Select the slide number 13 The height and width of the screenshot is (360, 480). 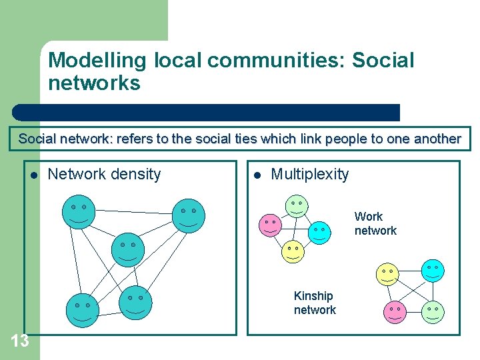(20, 341)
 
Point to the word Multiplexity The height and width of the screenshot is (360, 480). (309, 175)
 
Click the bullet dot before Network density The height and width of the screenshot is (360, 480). (32, 175)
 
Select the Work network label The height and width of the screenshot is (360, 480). (375, 223)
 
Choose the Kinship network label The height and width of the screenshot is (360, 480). (315, 303)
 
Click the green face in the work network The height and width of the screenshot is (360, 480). (297, 205)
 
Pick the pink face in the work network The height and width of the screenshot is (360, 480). (270, 225)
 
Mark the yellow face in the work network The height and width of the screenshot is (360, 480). (293, 251)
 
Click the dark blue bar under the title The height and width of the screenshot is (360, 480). (207, 112)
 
